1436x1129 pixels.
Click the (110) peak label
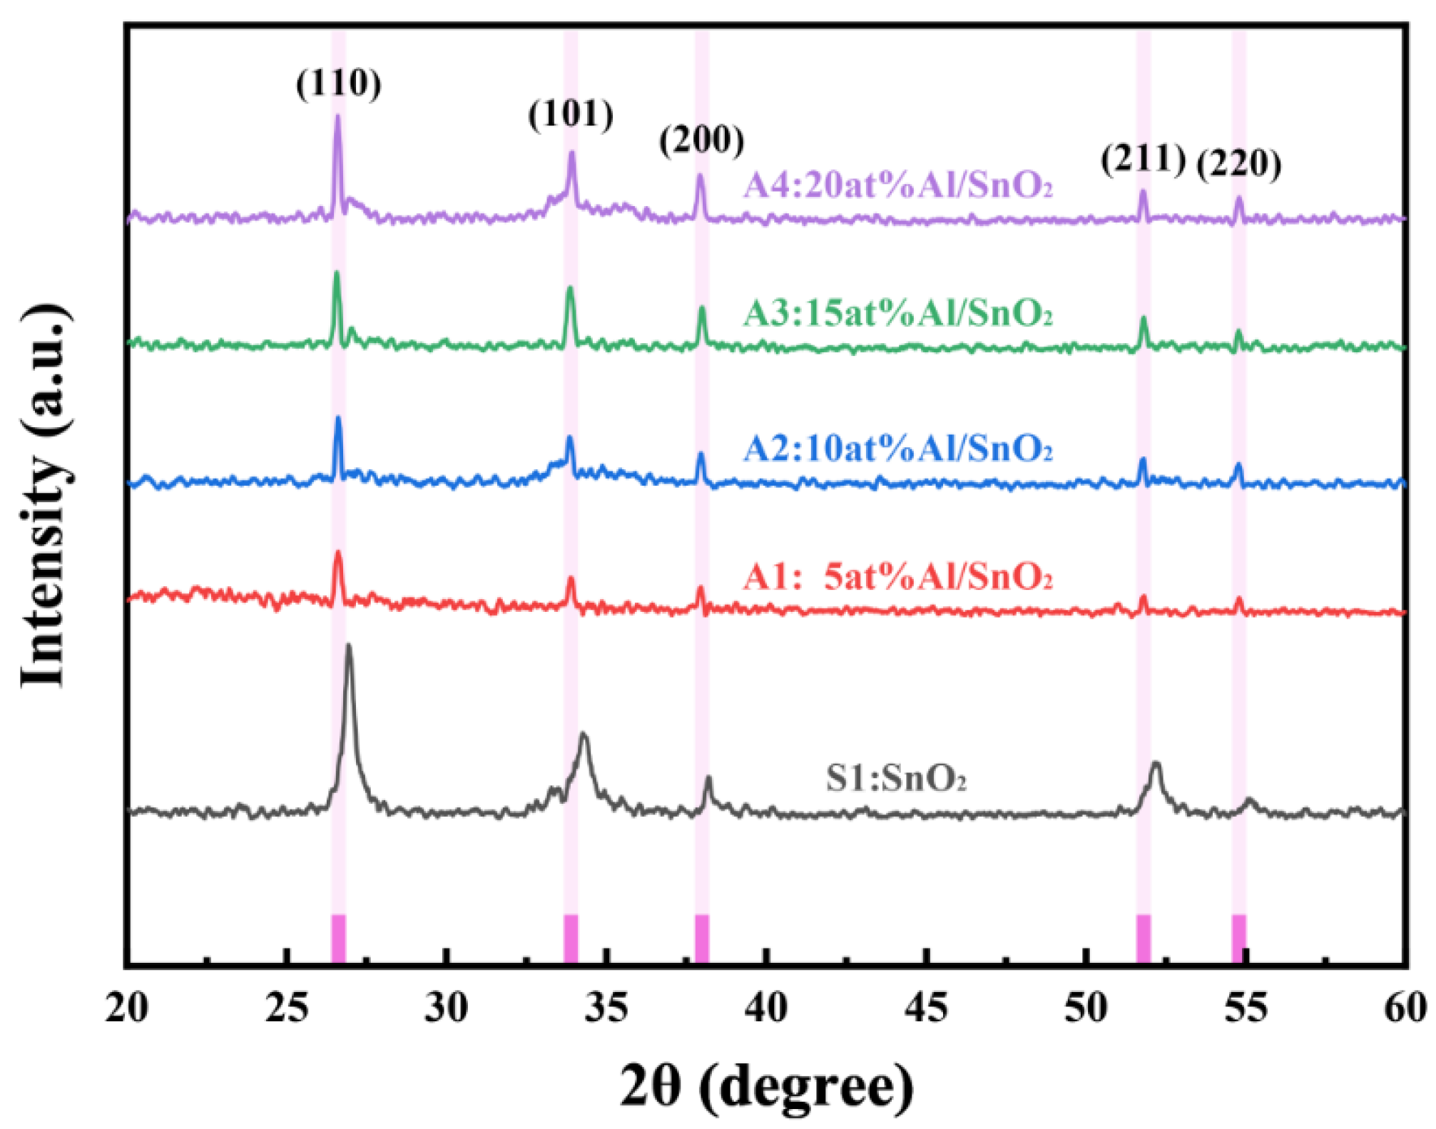point(339,84)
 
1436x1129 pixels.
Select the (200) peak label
point(701,140)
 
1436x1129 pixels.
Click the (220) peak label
point(1238,164)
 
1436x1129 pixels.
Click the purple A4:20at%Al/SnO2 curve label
point(897,186)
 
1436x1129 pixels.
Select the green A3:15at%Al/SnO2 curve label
point(897,313)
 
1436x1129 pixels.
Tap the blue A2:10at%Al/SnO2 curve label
point(897,449)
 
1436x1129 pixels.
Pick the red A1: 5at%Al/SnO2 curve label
point(897,577)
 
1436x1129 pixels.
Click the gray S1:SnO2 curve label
point(896,778)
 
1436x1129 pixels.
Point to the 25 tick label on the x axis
point(287,1008)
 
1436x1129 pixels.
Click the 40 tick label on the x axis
point(766,1008)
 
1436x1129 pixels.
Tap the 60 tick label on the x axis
point(1404,1008)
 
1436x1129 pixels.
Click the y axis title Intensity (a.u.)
point(44,496)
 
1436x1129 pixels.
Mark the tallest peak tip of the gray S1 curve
point(349,646)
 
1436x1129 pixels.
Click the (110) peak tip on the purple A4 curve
point(337,116)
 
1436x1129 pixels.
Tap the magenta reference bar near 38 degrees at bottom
point(702,938)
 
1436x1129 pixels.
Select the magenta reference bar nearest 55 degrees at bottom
point(1239,938)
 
